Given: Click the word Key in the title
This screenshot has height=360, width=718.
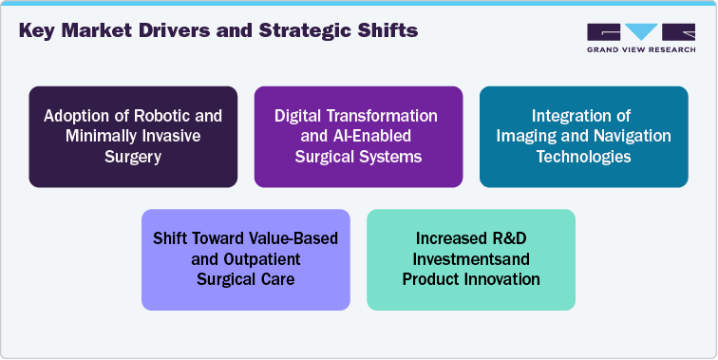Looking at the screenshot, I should click(x=40, y=32).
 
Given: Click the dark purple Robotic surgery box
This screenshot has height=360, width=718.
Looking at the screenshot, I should click(x=133, y=136).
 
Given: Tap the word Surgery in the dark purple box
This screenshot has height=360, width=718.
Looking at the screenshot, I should click(x=133, y=157).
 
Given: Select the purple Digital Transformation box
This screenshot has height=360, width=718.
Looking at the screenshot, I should click(x=358, y=136).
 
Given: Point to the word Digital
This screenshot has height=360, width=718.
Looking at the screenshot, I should click(x=299, y=116).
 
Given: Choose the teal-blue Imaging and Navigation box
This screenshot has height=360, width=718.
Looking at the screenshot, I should click(x=583, y=136).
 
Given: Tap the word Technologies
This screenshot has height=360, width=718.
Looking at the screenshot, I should click(x=583, y=157).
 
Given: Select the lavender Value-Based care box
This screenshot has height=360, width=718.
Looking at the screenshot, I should click(x=246, y=259).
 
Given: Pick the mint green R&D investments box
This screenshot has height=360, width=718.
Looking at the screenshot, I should click(x=471, y=259).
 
